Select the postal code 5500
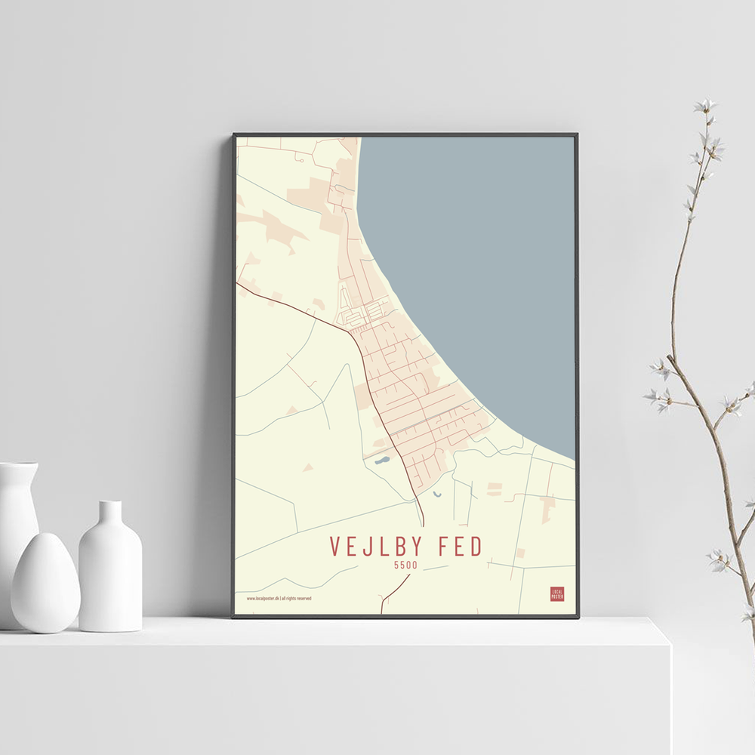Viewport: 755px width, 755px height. tap(405, 565)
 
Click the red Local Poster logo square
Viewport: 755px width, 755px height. tap(557, 594)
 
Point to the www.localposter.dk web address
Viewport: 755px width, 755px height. tap(263, 599)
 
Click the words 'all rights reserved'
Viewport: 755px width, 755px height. tap(296, 599)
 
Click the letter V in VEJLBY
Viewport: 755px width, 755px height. tap(335, 547)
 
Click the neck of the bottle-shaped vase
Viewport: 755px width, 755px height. tap(110, 513)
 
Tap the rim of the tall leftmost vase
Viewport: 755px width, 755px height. tap(18, 465)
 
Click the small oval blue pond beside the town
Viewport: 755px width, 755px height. tap(382, 459)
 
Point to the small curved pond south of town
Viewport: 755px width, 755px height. tap(437, 495)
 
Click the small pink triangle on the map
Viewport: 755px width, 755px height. tap(307, 468)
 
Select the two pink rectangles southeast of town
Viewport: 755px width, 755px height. tap(495, 489)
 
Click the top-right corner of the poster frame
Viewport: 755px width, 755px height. tap(576, 136)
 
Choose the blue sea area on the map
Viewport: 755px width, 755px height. tap(483, 264)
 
